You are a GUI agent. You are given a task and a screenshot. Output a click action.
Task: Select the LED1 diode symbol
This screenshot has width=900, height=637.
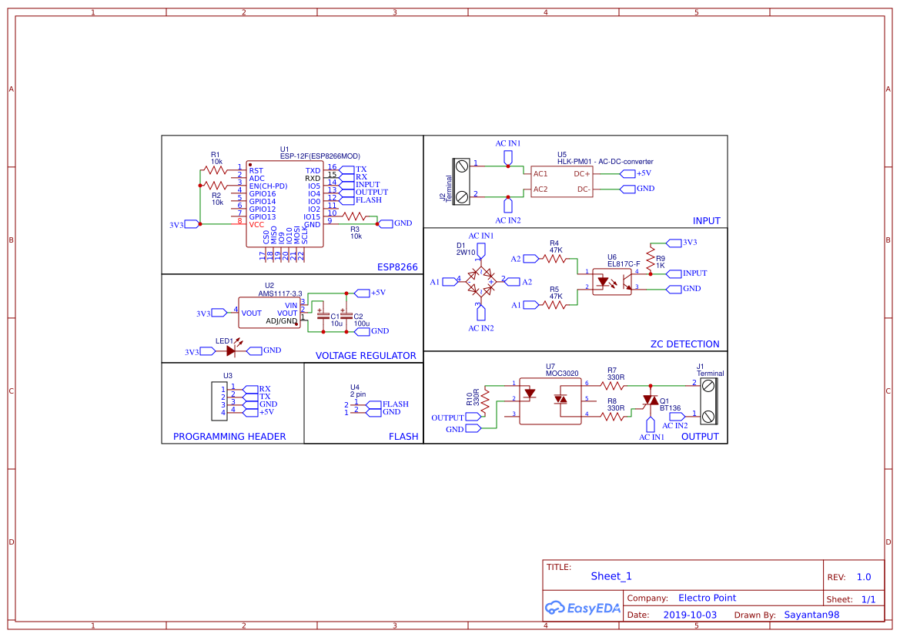231,350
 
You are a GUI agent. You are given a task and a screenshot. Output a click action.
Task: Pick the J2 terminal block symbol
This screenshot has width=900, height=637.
462,181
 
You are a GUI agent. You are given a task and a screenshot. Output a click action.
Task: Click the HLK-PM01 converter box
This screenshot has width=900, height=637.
562,181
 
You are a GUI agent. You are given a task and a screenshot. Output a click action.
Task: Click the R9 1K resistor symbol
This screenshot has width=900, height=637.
651,256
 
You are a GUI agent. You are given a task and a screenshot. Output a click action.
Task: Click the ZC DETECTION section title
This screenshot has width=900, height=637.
684,344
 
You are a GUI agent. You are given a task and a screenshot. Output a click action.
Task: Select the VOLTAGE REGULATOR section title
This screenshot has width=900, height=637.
366,356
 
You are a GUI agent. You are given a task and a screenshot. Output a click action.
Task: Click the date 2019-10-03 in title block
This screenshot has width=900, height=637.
690,615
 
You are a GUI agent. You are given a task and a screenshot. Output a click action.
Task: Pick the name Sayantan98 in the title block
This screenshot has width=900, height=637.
811,615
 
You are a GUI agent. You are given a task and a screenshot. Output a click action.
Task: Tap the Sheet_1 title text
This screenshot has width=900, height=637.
611,576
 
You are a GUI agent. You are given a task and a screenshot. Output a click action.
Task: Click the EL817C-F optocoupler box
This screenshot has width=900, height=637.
611,281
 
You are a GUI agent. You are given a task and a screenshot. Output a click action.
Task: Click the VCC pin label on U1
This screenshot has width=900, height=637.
256,224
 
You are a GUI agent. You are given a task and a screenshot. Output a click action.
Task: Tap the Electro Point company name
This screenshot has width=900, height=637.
707,598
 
